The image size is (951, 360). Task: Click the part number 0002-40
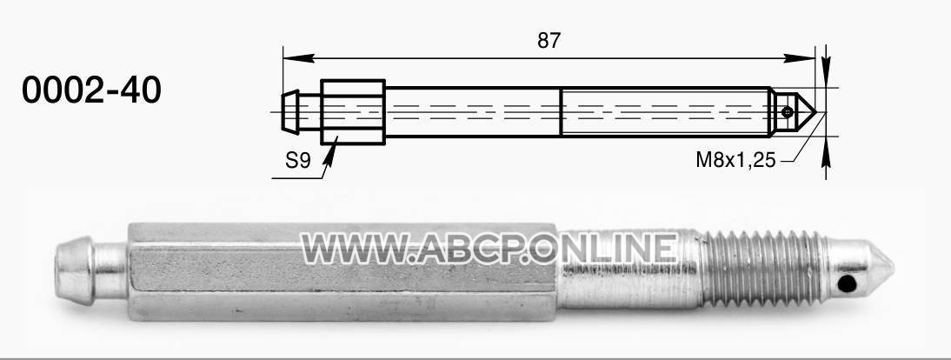click(x=91, y=90)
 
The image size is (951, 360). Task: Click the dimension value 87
click(x=549, y=41)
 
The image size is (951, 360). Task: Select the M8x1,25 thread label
click(x=735, y=160)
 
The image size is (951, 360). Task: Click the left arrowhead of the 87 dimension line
click(x=298, y=58)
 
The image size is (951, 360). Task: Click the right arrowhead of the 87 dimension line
click(x=799, y=58)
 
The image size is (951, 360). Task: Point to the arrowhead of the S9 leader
click(x=330, y=155)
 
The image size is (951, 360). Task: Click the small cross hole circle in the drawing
click(x=787, y=111)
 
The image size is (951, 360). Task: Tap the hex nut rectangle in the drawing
click(x=353, y=112)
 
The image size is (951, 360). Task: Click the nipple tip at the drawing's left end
click(x=290, y=111)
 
